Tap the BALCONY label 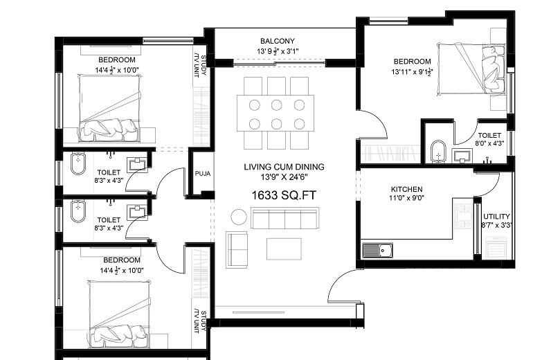click(x=278, y=41)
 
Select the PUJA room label click(x=202, y=174)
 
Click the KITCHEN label click(x=406, y=189)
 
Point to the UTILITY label click(x=496, y=217)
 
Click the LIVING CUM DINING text click(x=284, y=167)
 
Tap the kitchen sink click(x=377, y=250)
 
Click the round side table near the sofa click(x=239, y=217)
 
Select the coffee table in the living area click(x=284, y=249)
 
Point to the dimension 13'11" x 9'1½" click(x=412, y=71)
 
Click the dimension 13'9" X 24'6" click(x=284, y=177)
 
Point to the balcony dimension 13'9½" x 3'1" click(x=278, y=51)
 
